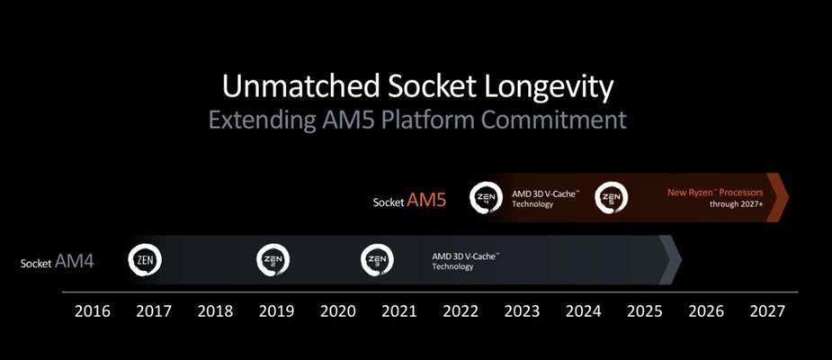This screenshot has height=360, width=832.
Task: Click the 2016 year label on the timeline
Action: [x=93, y=311]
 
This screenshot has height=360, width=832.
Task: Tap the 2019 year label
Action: [x=276, y=311]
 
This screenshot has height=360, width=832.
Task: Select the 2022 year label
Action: [x=461, y=311]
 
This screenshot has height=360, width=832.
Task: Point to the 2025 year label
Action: [x=645, y=311]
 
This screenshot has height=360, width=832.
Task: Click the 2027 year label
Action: [x=767, y=311]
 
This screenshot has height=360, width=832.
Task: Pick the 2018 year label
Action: [x=215, y=311]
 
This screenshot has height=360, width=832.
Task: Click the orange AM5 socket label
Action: [x=426, y=201]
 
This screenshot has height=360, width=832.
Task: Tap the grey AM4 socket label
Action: [x=75, y=261]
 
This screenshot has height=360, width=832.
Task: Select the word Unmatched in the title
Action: [x=300, y=85]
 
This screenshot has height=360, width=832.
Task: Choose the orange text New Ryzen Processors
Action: [x=715, y=193]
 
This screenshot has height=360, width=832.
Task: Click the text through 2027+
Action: [x=737, y=203]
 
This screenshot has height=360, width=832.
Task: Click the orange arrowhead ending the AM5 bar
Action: [x=777, y=197]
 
